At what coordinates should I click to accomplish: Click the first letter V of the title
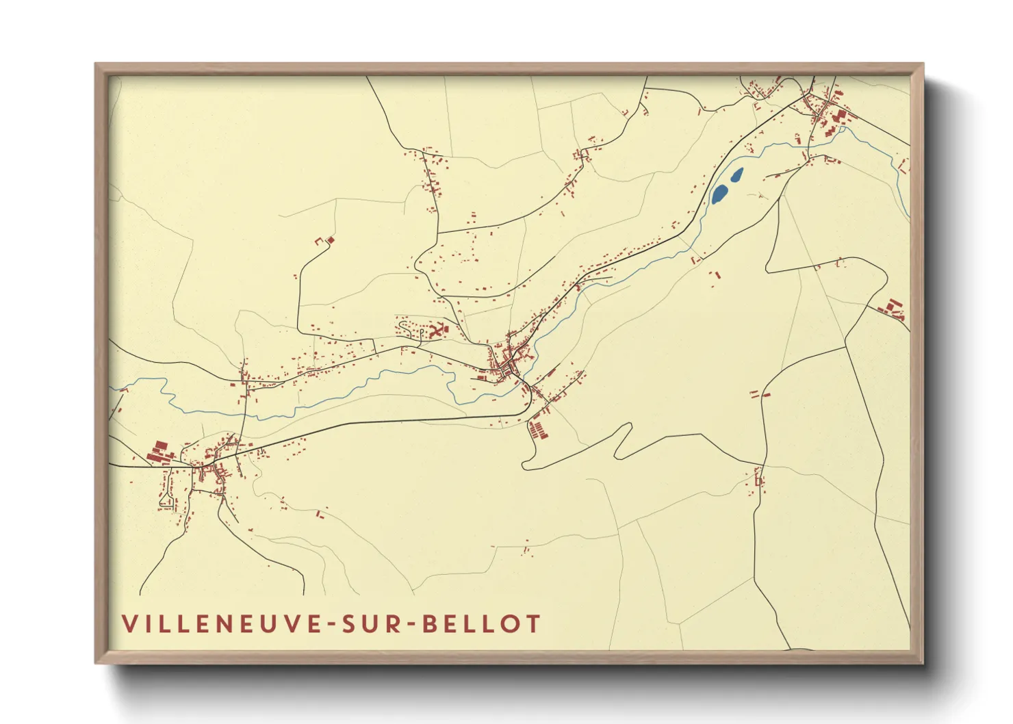tap(129, 624)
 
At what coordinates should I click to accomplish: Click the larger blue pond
tap(719, 194)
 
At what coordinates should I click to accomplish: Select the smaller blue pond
tap(736, 175)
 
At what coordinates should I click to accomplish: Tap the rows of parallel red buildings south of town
tap(539, 430)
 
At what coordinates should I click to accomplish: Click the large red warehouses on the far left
tap(159, 451)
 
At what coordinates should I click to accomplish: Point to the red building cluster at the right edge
tap(893, 309)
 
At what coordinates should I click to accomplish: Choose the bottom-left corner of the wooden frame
tap(97, 662)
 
